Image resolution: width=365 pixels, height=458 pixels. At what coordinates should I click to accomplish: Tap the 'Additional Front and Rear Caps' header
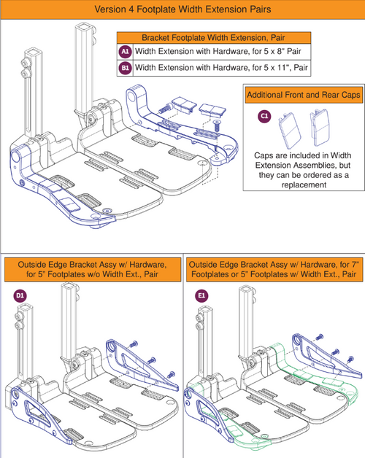click(299, 95)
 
